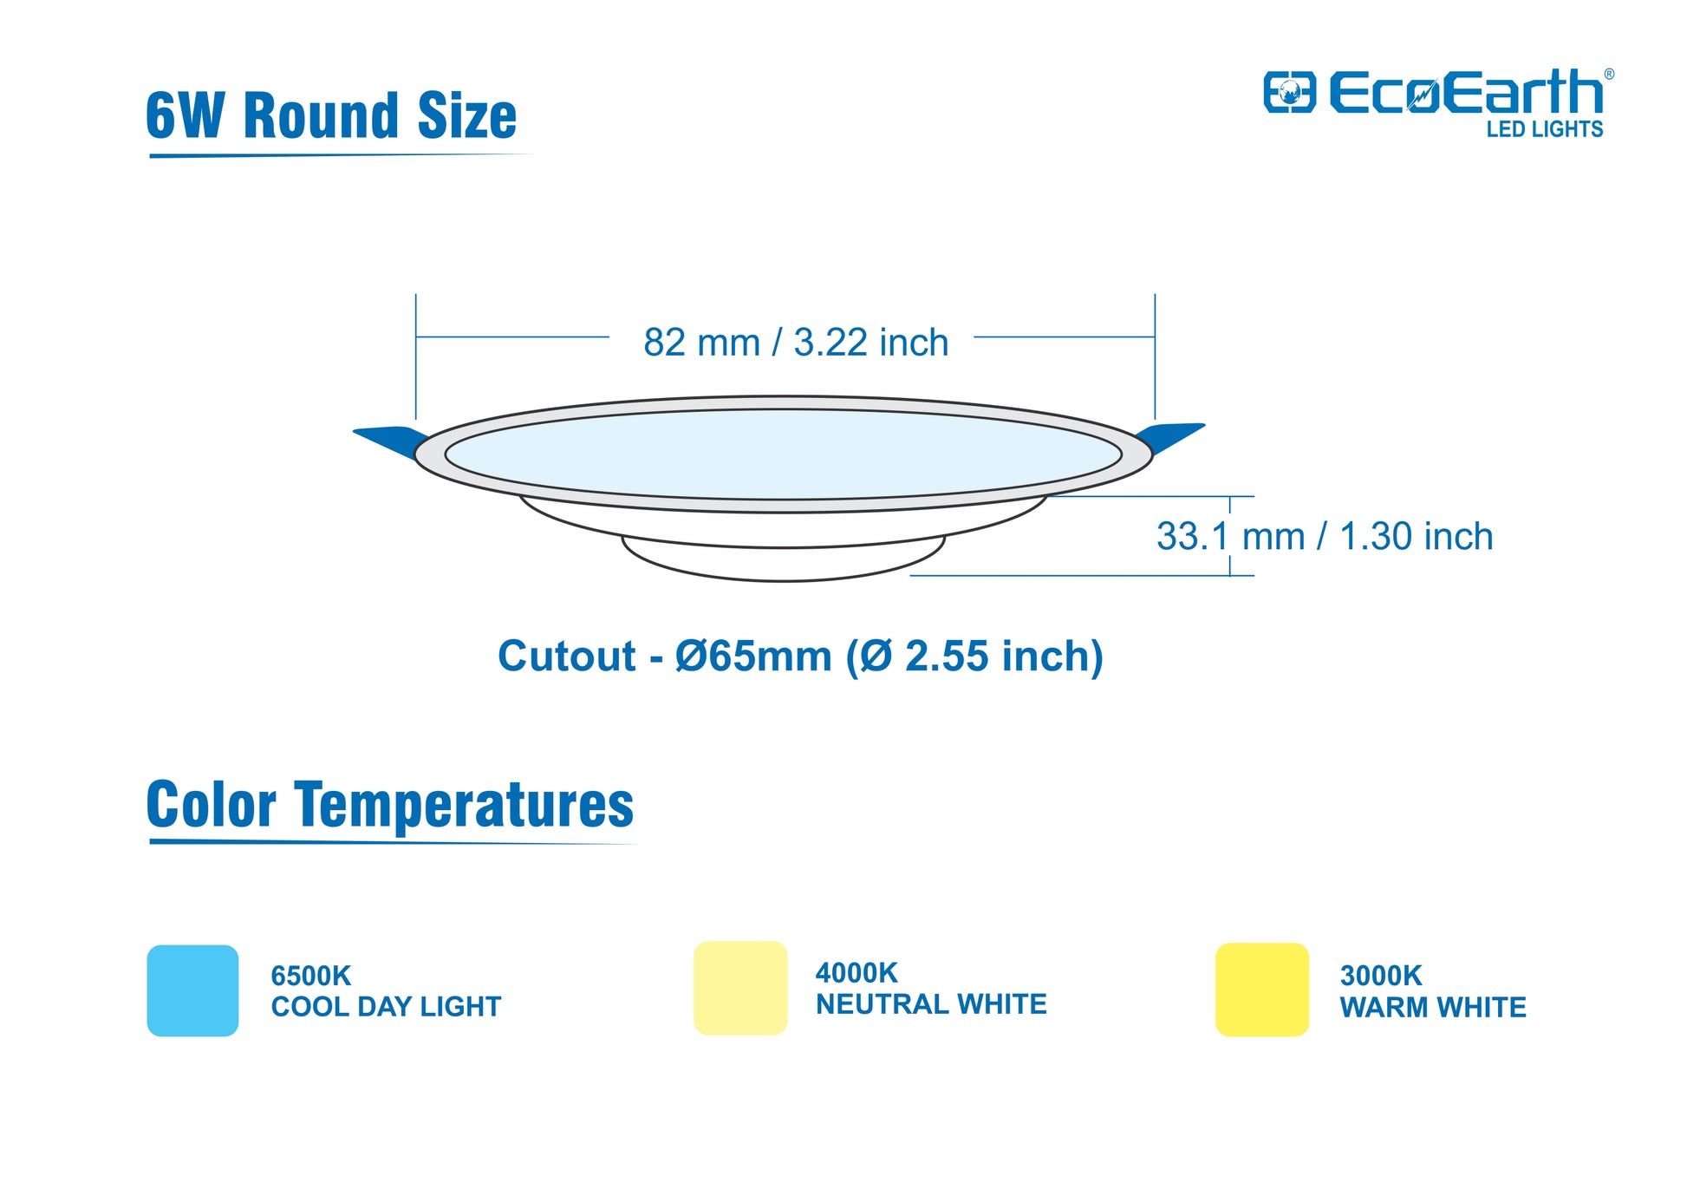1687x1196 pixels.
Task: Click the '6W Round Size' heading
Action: (x=331, y=115)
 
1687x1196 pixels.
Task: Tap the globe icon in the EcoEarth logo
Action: (x=1289, y=92)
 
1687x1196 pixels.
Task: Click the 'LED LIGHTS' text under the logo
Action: (x=1545, y=129)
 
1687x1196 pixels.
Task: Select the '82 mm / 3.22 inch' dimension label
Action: (x=796, y=343)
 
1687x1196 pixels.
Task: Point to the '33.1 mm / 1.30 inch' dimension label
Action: (x=1325, y=536)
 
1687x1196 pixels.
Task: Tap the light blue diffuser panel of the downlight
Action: (x=784, y=454)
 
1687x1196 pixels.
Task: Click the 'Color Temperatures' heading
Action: (x=390, y=805)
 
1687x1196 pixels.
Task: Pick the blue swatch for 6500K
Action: (x=192, y=990)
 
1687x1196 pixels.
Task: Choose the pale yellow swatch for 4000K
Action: (x=740, y=988)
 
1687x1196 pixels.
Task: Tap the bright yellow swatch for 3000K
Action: (x=1262, y=990)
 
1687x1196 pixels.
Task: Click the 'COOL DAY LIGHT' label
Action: (x=386, y=1007)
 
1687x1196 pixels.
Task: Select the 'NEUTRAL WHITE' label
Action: (x=931, y=1004)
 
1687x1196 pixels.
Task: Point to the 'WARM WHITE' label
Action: (x=1433, y=1008)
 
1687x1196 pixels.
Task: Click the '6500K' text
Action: (x=310, y=976)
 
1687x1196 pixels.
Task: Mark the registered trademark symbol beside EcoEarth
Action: (x=1609, y=75)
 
